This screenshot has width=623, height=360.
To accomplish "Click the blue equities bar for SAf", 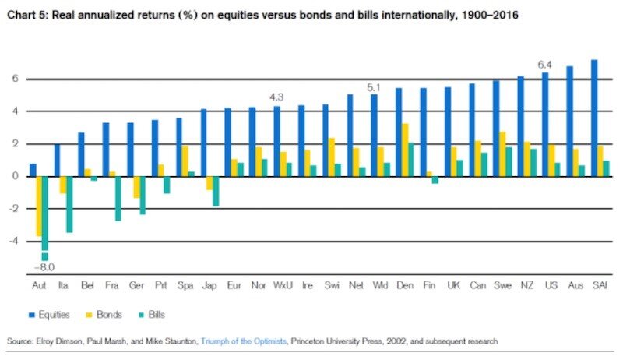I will click(594, 118).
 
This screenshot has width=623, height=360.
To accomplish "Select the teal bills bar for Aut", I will click(45, 214).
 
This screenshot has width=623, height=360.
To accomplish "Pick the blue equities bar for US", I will click(545, 124).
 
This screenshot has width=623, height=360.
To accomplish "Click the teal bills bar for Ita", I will click(69, 204).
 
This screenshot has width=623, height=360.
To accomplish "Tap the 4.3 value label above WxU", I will click(276, 97).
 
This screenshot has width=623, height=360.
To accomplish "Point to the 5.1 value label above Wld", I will click(375, 86).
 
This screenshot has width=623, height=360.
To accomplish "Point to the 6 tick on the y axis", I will click(14, 79).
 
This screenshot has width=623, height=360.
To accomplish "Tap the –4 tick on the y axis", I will click(12, 241).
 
